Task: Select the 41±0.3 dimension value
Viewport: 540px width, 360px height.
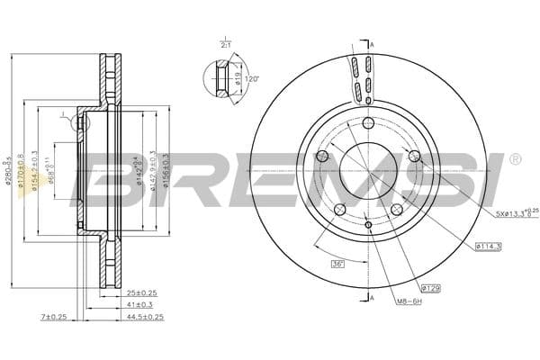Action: [x=139, y=304]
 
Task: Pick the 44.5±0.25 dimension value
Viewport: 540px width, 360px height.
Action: [x=145, y=317]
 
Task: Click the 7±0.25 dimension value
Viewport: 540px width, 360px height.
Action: [x=53, y=317]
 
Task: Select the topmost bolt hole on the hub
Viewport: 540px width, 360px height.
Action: [x=369, y=123]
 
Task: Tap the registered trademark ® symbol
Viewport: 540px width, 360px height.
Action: [x=514, y=159]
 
